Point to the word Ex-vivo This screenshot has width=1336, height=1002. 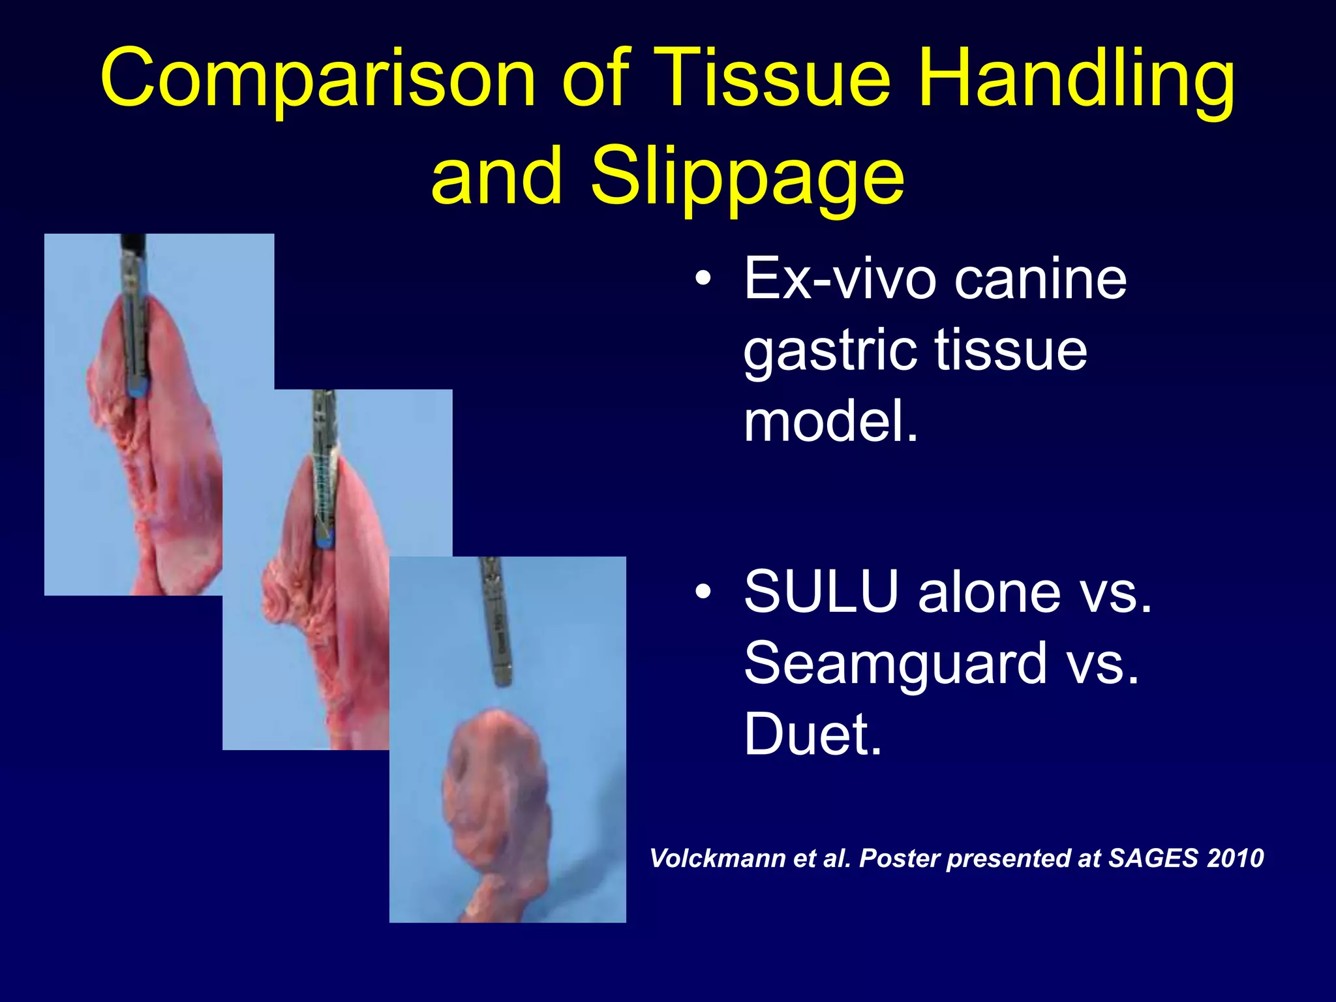coord(839,279)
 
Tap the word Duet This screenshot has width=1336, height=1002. coord(812,735)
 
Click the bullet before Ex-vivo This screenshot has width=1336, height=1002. coord(703,279)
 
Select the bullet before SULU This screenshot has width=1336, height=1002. coord(703,591)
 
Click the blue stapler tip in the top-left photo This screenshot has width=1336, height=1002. coord(138,391)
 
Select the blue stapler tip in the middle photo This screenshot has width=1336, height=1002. coord(324,539)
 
